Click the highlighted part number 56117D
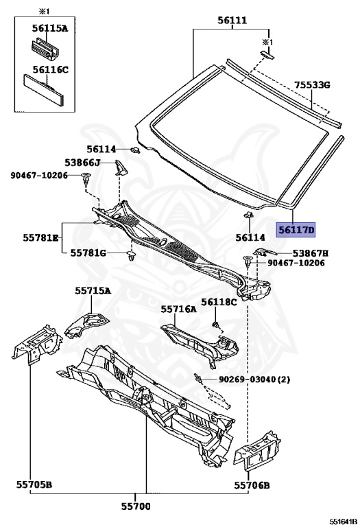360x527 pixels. pyautogui.click(x=296, y=230)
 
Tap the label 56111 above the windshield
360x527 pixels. pyautogui.click(x=232, y=21)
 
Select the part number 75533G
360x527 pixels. pyautogui.click(x=312, y=84)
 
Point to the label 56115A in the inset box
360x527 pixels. pyautogui.click(x=50, y=28)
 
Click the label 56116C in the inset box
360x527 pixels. pyautogui.click(x=50, y=70)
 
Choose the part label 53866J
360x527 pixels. pyautogui.click(x=82, y=163)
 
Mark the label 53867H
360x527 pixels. pyautogui.click(x=311, y=253)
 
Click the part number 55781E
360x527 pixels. pyautogui.click(x=40, y=237)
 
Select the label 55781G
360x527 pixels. pyautogui.click(x=88, y=253)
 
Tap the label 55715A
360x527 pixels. pyautogui.click(x=93, y=291)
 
